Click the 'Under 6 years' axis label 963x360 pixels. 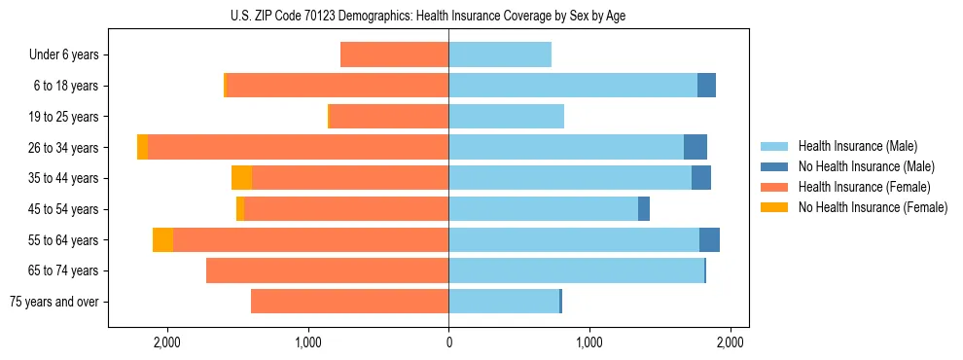[64, 55]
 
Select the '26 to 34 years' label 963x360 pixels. [62, 148]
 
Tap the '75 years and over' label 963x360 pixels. [54, 302]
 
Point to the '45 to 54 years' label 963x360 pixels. [62, 209]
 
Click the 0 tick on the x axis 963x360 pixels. [448, 342]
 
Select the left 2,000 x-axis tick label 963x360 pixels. [167, 342]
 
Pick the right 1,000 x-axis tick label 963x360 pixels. [589, 342]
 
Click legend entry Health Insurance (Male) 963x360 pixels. [857, 146]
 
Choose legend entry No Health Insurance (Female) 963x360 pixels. [873, 207]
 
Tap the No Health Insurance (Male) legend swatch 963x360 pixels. [775, 166]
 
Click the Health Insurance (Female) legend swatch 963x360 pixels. [775, 187]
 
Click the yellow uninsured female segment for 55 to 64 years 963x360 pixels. [162, 240]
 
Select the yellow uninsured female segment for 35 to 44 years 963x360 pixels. [241, 178]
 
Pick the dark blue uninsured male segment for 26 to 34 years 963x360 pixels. [695, 148]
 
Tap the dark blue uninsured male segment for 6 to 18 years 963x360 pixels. [706, 86]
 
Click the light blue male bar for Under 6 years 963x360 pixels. [500, 55]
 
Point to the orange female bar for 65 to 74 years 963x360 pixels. [327, 270]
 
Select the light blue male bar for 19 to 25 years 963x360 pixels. [506, 117]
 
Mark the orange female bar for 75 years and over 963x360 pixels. [349, 302]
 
